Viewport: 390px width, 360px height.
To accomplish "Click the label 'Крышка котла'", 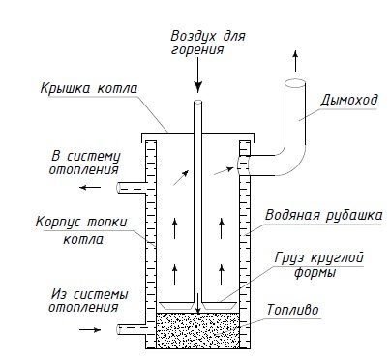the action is click(x=89, y=89).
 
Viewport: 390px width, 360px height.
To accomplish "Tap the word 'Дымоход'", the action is click(x=349, y=101).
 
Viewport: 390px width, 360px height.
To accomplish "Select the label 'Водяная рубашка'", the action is click(x=323, y=216).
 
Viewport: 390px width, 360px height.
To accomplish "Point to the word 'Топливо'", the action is click(x=292, y=310).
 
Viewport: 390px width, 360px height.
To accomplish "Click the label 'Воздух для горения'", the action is click(x=208, y=43).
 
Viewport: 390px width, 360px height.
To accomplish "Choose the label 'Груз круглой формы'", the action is click(x=319, y=265).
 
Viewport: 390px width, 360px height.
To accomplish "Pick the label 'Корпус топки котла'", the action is click(x=81, y=230).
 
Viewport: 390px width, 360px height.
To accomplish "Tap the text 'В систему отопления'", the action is click(x=84, y=163).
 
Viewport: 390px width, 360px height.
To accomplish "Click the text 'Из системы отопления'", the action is click(x=88, y=300).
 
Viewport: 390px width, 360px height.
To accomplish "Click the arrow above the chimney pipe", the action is click(x=295, y=61).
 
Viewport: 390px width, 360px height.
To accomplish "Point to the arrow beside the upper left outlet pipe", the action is click(x=90, y=187).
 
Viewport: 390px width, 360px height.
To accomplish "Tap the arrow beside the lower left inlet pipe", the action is click(x=90, y=329).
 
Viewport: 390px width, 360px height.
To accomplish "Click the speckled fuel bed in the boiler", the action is click(x=197, y=330).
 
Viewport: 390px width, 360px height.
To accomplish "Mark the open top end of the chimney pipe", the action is click(x=295, y=83).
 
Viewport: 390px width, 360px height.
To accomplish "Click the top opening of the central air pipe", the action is click(x=198, y=102).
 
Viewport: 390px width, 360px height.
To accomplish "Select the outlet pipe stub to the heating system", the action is click(x=132, y=188).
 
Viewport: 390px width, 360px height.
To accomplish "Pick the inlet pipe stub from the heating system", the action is click(x=132, y=329).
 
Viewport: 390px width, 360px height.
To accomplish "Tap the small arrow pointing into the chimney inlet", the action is click(x=224, y=171).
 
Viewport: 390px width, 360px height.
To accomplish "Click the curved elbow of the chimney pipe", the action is click(x=292, y=163).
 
